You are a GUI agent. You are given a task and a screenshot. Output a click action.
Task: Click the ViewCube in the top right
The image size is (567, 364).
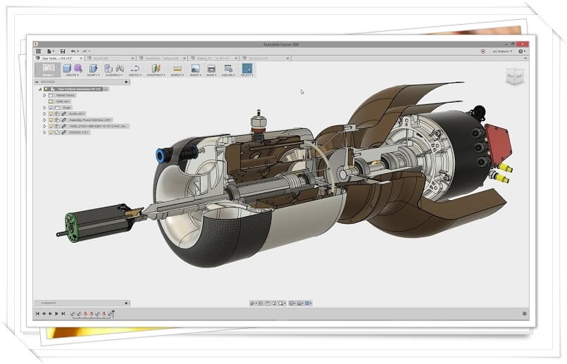coord(516,76)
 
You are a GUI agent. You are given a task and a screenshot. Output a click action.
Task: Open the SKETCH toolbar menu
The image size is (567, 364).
coord(135,75)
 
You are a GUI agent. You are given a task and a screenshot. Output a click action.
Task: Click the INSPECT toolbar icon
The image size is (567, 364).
coord(177,68)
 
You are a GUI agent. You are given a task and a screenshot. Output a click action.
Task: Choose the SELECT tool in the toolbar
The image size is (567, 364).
coord(247,68)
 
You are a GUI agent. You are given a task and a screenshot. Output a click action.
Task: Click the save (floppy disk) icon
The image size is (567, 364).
coord(63,51)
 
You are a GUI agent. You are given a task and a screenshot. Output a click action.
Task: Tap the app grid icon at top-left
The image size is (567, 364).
coord(38,51)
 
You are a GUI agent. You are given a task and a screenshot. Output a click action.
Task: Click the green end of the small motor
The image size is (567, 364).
coord(70,223)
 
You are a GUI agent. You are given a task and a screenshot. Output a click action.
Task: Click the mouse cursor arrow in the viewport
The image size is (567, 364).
coord(302,91)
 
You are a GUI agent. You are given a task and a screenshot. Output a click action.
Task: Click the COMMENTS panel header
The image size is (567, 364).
coord(49,303)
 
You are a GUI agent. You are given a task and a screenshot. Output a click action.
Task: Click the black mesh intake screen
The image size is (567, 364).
coord(226,239)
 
